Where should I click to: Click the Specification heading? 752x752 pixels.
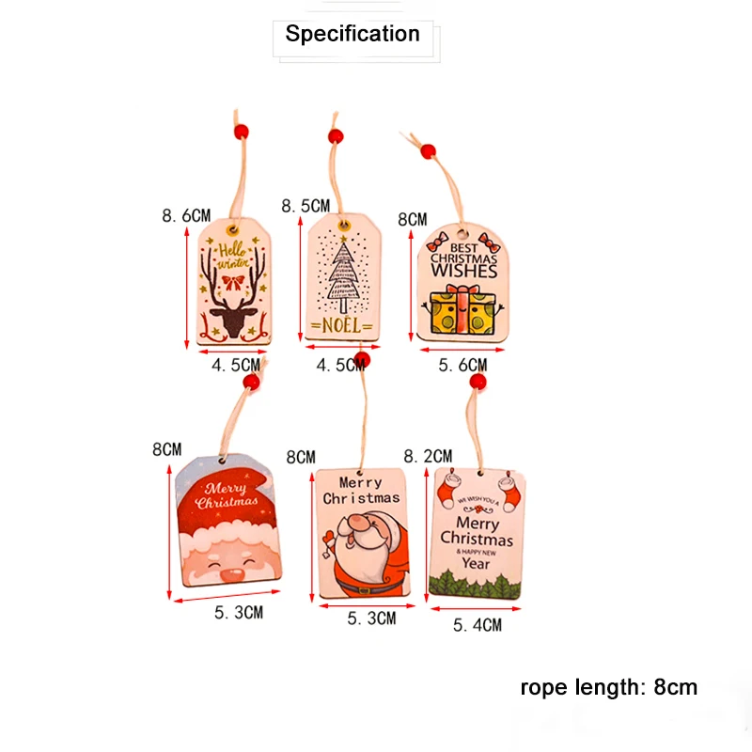pos(352,35)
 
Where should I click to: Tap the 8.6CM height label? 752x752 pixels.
pos(185,215)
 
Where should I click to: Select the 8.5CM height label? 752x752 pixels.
pos(306,205)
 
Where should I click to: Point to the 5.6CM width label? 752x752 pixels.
pos(463,365)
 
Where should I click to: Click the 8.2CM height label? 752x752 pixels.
pos(428,455)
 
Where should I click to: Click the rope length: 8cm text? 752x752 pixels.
pos(609,687)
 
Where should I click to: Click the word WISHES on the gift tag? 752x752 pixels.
pos(463,271)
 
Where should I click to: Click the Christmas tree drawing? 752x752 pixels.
pos(342,272)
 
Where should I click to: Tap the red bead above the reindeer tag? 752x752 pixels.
pos(241,131)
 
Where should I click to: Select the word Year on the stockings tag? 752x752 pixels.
pos(477,563)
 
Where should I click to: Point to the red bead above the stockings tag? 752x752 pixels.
pos(478,383)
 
